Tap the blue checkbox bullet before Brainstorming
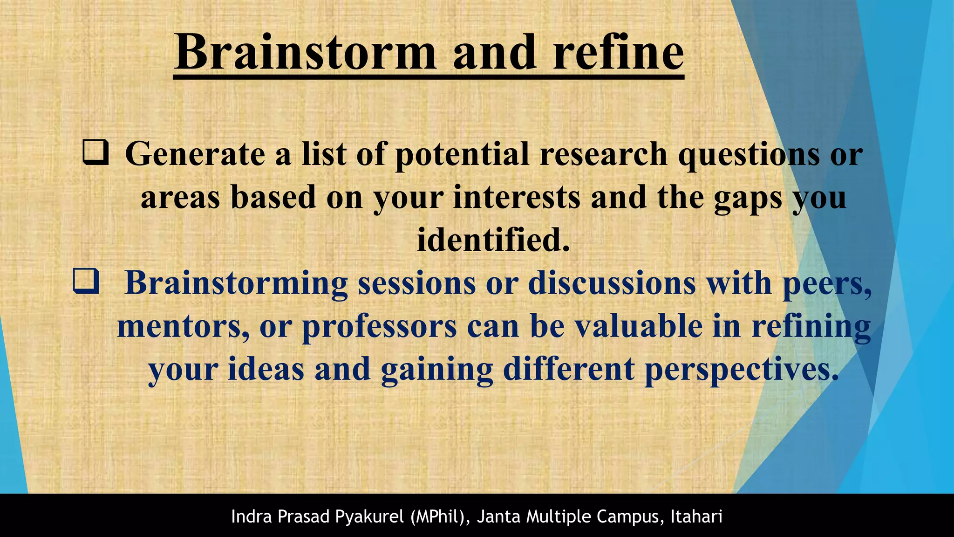click(x=86, y=282)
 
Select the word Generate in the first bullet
click(x=195, y=154)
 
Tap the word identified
click(x=493, y=240)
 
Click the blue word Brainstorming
click(x=236, y=283)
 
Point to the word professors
click(x=379, y=326)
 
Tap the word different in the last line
click(x=568, y=369)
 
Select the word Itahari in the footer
click(x=696, y=516)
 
